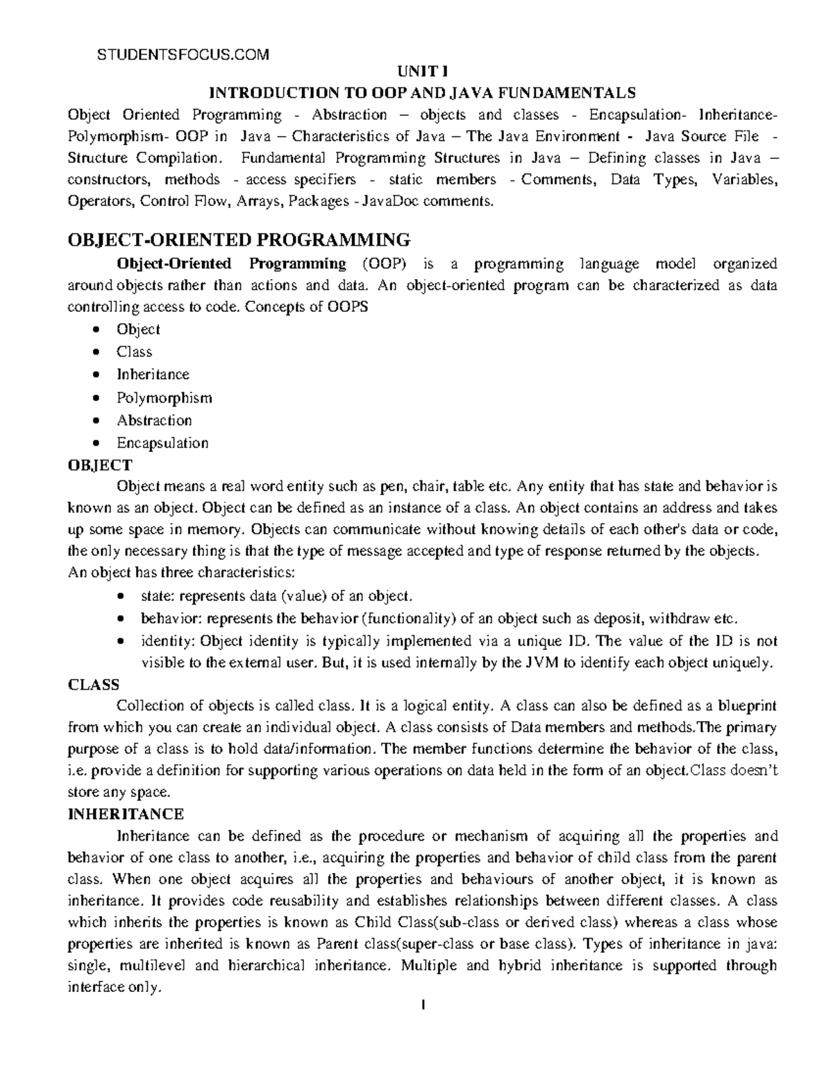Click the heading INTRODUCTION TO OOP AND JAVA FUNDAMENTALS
click(422, 92)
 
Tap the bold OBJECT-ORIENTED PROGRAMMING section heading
click(239, 240)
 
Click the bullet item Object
click(138, 329)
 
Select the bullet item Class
click(134, 352)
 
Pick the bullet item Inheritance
click(153, 375)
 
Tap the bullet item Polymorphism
click(164, 398)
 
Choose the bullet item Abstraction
click(154, 421)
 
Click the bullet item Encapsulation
click(162, 443)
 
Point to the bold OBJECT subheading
click(99, 465)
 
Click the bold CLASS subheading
click(94, 684)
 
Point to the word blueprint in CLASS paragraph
click(746, 706)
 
